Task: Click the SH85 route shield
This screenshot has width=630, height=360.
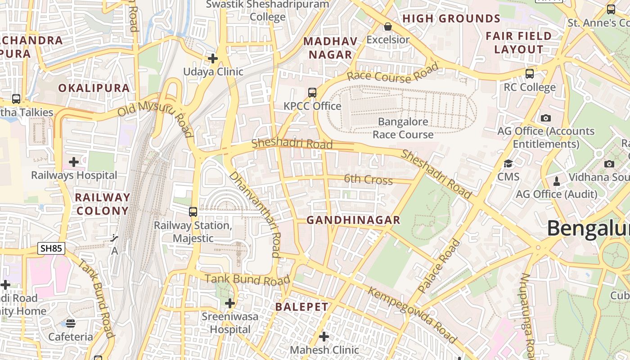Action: point(52,248)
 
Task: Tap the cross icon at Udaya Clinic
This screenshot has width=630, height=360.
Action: point(213,58)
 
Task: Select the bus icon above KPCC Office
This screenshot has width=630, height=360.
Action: point(312,93)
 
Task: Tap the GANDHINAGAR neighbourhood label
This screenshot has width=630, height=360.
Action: point(353,220)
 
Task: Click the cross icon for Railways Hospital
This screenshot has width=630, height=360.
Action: point(74,162)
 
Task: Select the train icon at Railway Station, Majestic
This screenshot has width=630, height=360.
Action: point(193,211)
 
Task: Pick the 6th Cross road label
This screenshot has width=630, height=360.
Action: point(368,180)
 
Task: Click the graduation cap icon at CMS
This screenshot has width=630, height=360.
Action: point(508,164)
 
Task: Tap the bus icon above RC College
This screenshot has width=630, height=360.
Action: point(530,74)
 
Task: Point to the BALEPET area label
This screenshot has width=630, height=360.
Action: point(302,307)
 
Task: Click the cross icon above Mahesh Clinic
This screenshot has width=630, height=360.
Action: point(324,337)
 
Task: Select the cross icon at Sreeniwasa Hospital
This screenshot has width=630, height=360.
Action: point(230,303)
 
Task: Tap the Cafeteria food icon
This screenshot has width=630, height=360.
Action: point(71,323)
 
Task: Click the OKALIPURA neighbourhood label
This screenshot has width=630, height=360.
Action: point(94,88)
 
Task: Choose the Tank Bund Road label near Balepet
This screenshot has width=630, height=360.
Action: point(247,279)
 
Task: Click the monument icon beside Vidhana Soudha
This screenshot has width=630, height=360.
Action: point(557,181)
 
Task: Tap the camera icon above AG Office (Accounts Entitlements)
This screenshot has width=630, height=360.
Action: point(546,118)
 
